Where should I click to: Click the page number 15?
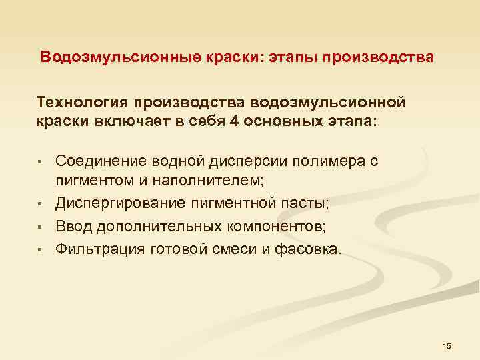coord(447,345)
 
